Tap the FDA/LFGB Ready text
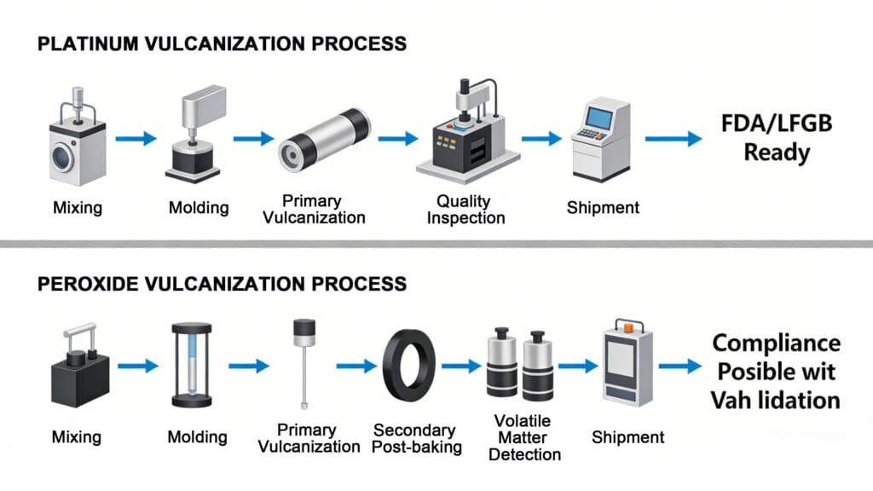(776, 138)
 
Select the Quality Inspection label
(464, 209)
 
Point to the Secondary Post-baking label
(417, 438)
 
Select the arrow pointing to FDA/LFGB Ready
(674, 138)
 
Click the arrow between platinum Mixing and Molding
(136, 138)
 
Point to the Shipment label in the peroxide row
(627, 437)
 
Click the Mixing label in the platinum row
(77, 206)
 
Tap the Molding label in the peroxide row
(198, 437)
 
